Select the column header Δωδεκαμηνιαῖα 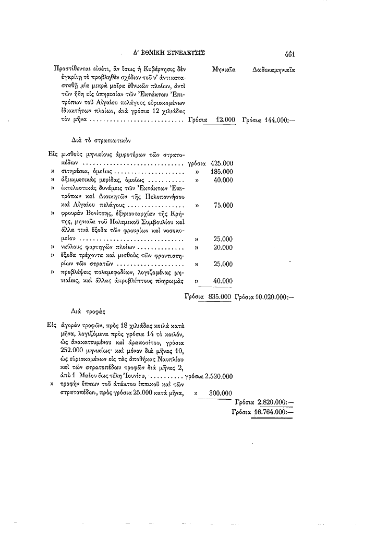[x=274, y=69]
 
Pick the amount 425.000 [x=222, y=163]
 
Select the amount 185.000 [x=222, y=171]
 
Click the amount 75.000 [x=223, y=205]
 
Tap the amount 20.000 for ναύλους [x=223, y=247]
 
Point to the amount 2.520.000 [x=220, y=376]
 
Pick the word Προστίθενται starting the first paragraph [x=72, y=69]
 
